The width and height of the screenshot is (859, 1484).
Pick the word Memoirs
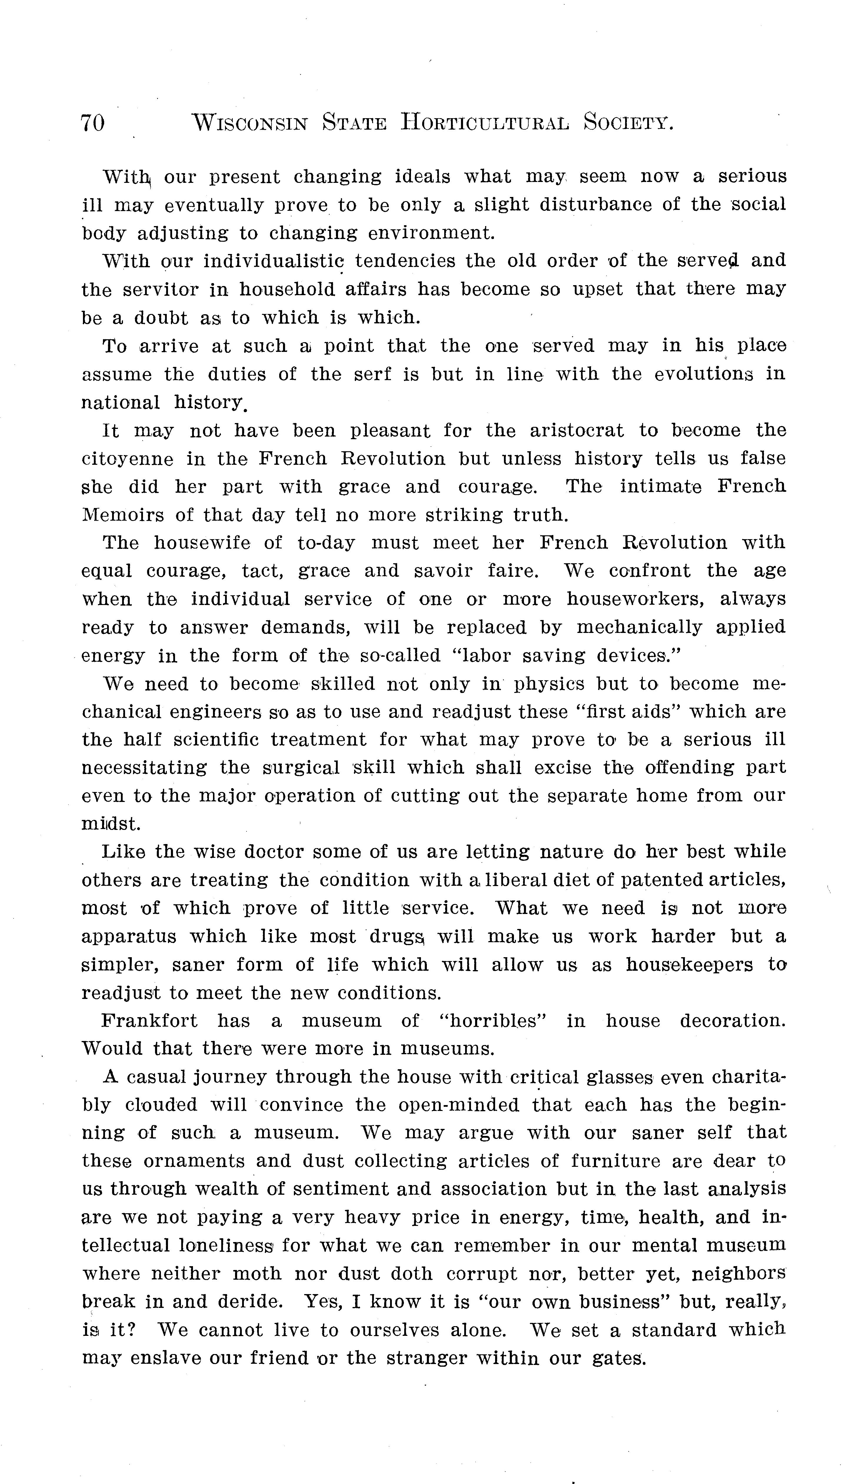click(123, 515)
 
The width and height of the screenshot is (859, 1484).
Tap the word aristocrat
click(576, 430)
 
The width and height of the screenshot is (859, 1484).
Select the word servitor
click(160, 290)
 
